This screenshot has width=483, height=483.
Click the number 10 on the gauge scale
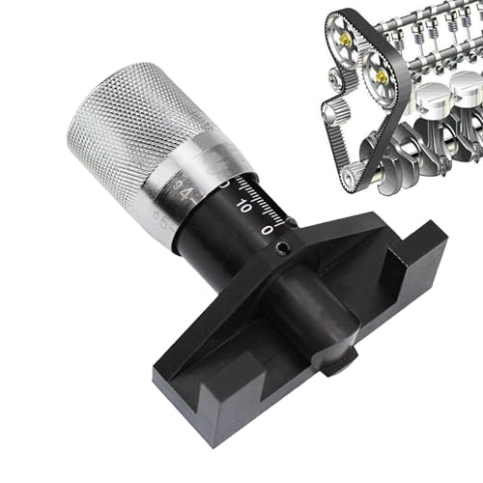tap(243, 206)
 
